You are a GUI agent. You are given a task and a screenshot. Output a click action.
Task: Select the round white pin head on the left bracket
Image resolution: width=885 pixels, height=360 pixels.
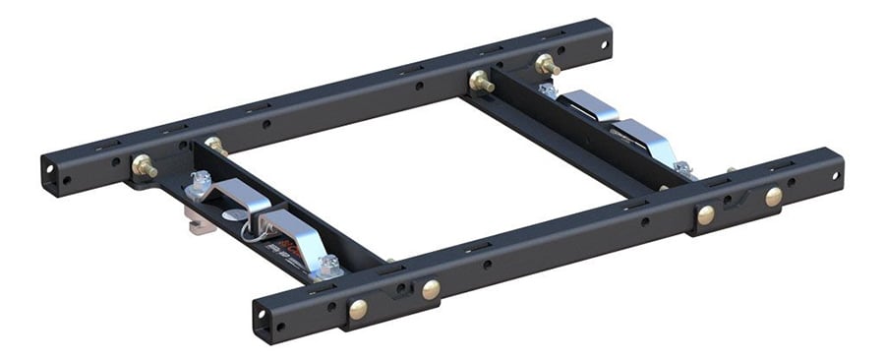click(227, 210)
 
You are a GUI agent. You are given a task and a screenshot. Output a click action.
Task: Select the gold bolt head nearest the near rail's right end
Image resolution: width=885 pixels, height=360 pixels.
click(774, 196)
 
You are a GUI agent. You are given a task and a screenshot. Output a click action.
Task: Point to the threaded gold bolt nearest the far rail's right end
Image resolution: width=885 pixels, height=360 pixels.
click(547, 66)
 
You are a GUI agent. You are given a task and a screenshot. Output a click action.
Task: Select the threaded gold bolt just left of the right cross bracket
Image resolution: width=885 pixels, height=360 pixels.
click(480, 82)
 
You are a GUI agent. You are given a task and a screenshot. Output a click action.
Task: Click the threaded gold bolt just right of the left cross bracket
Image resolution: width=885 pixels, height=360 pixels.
click(215, 147)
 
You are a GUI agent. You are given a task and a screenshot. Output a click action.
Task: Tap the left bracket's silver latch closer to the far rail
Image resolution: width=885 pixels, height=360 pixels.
click(234, 194)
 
